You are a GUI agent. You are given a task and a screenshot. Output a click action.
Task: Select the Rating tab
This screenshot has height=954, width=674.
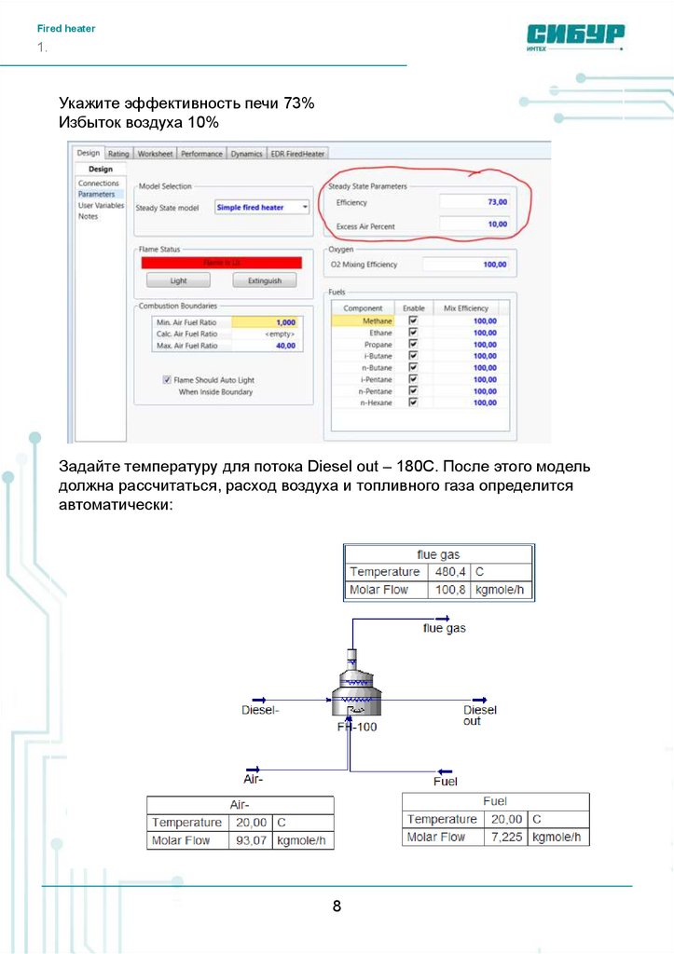tap(118, 154)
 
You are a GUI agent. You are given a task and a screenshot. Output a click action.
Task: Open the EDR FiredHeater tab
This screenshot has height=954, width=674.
tap(297, 154)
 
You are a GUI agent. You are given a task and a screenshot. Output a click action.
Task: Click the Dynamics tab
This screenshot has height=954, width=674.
tap(246, 154)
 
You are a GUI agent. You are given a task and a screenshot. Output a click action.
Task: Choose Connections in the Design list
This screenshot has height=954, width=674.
tap(98, 184)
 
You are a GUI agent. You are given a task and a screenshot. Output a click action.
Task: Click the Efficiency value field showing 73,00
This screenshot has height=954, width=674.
tap(475, 201)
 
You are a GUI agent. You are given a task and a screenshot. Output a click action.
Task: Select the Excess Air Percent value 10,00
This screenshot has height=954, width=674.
tap(475, 225)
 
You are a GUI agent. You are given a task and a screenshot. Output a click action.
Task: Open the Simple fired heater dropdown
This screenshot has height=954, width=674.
tap(262, 208)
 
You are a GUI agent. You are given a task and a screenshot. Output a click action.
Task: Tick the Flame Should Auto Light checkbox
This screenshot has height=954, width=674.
tap(167, 380)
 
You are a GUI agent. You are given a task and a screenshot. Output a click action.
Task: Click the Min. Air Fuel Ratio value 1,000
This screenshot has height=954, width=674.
tap(265, 322)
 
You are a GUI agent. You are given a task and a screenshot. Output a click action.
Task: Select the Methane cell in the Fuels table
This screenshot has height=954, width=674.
tap(363, 321)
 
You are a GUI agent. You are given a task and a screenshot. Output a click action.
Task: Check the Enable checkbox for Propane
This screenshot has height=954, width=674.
tap(413, 345)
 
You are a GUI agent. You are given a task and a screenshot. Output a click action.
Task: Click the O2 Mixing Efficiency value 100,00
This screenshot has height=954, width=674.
tap(466, 265)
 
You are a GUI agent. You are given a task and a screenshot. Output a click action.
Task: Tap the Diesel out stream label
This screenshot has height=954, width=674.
tap(479, 715)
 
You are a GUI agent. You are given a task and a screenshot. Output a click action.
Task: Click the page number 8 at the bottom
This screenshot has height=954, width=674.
tap(337, 906)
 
